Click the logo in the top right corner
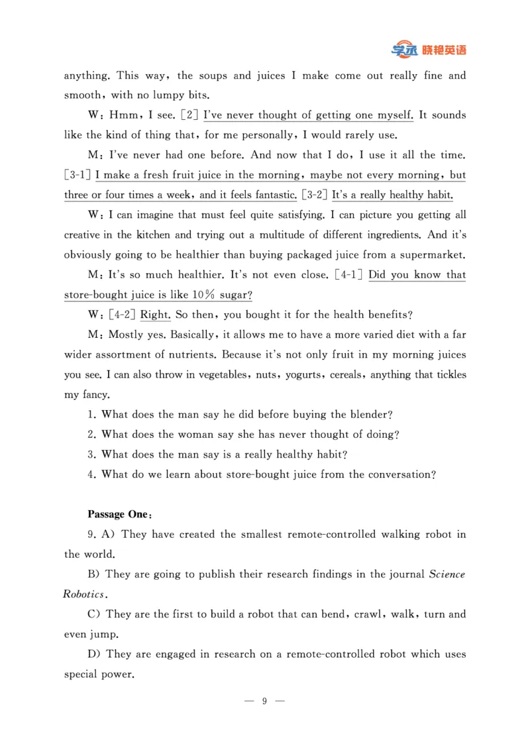tap(429, 50)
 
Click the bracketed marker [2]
tap(189, 115)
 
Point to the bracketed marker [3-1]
tap(78, 176)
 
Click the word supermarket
tap(432, 255)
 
